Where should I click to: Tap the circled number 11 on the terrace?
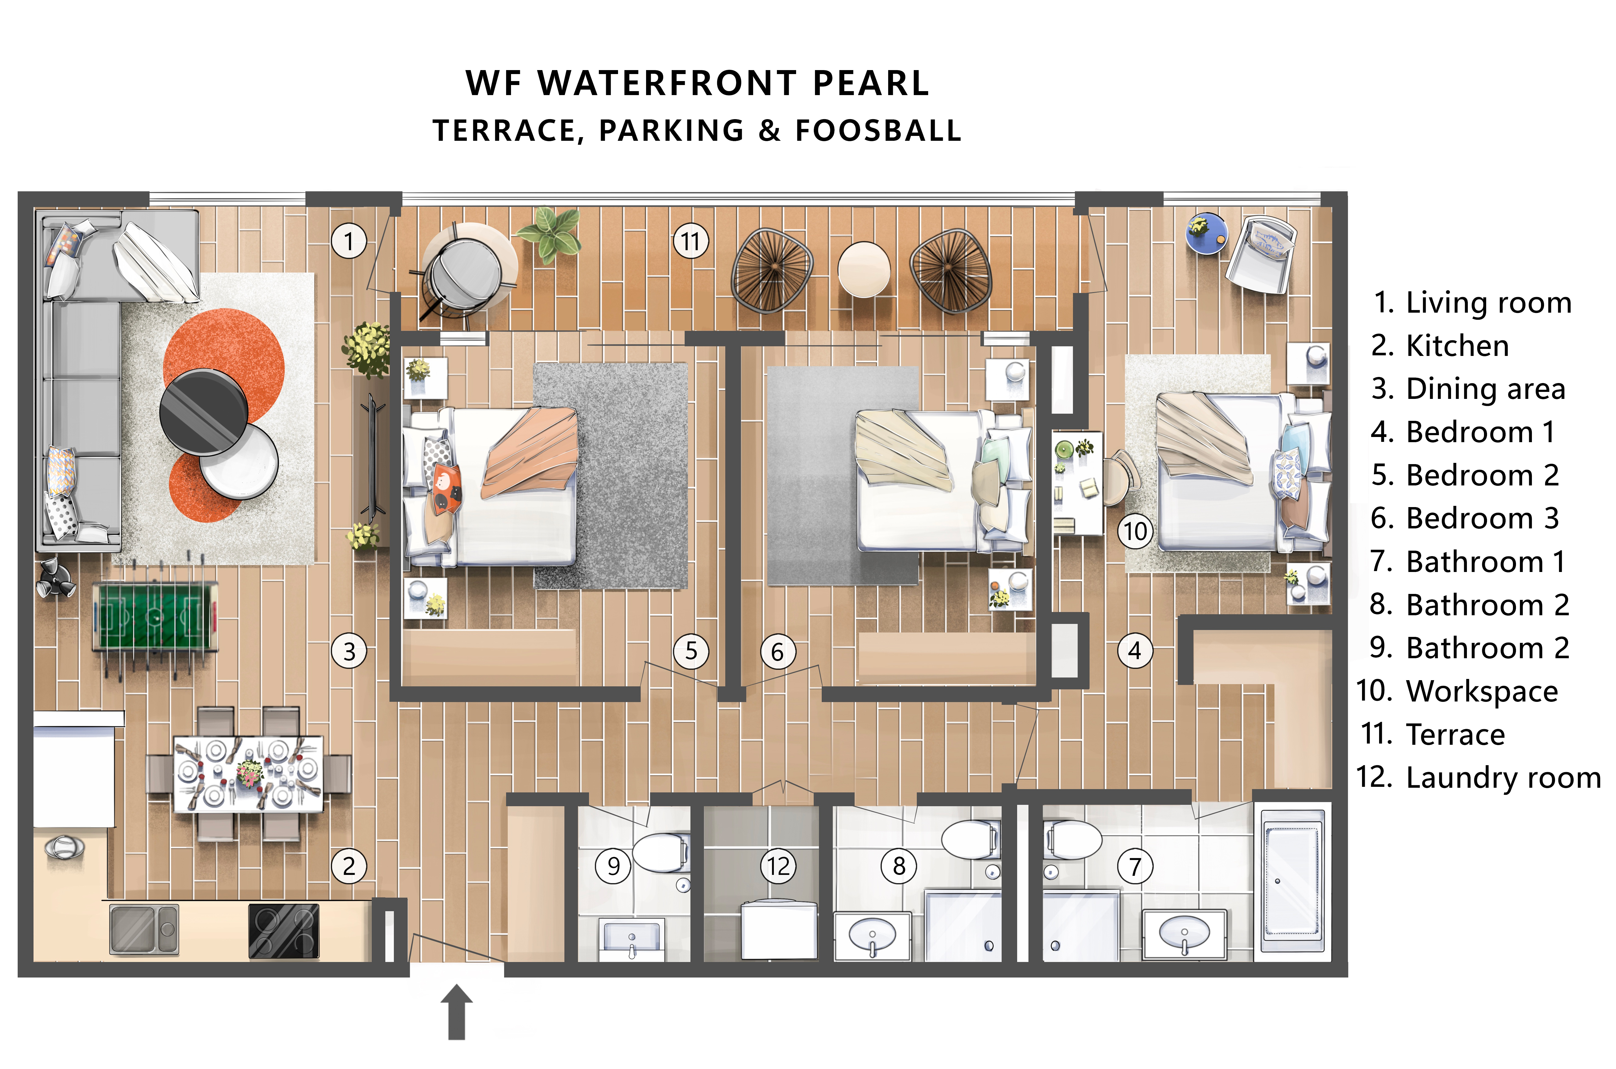(691, 241)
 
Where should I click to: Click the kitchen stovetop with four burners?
(284, 931)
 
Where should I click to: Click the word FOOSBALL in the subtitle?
(879, 130)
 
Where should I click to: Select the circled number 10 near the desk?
(1135, 531)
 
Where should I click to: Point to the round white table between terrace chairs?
(863, 269)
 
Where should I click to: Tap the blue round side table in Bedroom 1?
(1206, 233)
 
